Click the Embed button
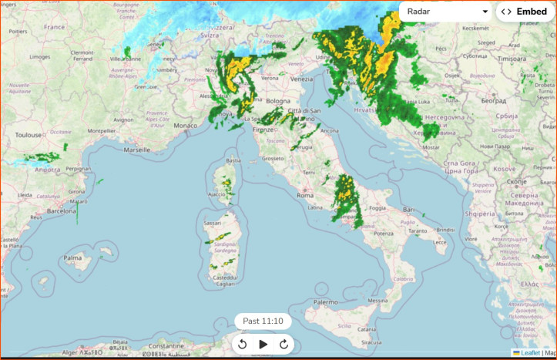point(524,12)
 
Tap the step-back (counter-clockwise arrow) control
point(242,344)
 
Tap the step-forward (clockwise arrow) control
point(284,344)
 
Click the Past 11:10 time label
point(263,321)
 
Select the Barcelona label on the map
point(62,210)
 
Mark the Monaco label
point(185,125)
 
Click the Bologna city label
point(278,101)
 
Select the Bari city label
point(408,209)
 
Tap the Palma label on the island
point(72,257)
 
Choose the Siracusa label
point(371,342)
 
